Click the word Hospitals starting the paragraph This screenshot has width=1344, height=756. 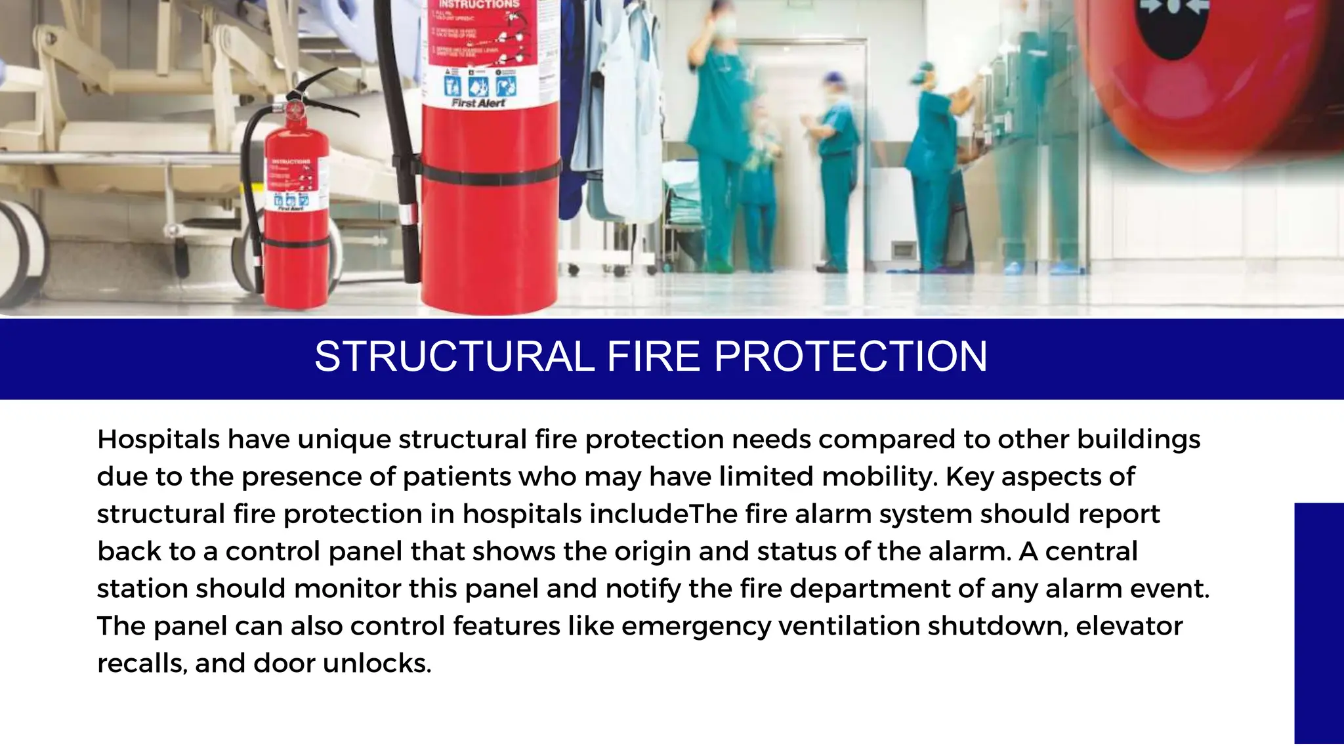158,439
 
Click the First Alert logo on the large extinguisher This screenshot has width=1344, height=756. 478,103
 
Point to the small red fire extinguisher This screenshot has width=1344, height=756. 295,217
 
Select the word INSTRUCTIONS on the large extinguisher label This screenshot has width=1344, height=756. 478,5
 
